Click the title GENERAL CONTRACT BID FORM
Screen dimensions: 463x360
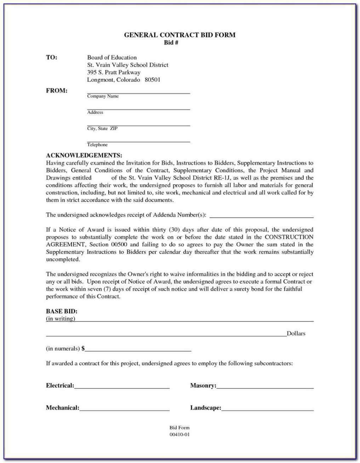pos(179,35)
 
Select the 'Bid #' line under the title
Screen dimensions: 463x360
pos(171,43)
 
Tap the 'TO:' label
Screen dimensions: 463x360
pos(52,57)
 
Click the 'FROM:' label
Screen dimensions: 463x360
pos(57,91)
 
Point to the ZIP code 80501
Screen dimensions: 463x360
pos(153,80)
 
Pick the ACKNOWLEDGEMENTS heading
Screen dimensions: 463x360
pos(84,156)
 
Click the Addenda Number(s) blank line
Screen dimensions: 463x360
pos(262,216)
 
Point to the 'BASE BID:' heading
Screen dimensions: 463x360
pos(62,311)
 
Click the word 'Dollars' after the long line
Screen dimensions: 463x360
pos(296,333)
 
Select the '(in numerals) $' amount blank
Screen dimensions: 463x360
pos(138,350)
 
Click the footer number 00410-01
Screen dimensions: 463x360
pos(179,435)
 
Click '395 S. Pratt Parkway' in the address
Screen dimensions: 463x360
pos(114,72)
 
